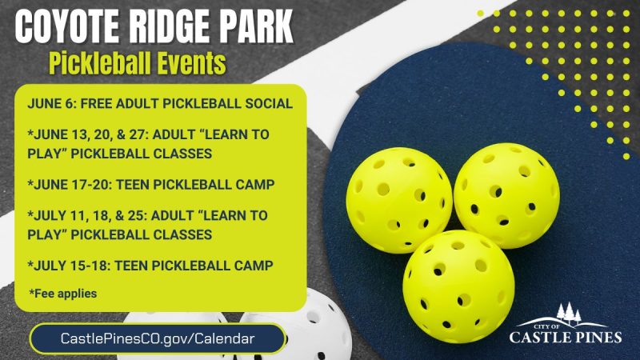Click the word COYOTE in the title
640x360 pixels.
click(x=67, y=26)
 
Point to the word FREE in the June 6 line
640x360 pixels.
click(x=96, y=104)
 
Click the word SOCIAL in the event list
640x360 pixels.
click(x=269, y=104)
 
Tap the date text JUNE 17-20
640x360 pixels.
click(x=70, y=185)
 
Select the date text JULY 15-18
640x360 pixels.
click(x=69, y=266)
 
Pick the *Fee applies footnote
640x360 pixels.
click(x=63, y=294)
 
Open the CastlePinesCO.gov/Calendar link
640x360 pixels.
click(x=158, y=338)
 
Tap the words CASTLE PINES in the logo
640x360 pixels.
click(x=566, y=338)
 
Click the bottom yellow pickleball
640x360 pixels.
click(x=458, y=286)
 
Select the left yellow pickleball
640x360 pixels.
click(x=398, y=200)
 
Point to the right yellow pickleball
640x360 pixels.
click(x=506, y=195)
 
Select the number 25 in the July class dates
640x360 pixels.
click(x=135, y=215)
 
